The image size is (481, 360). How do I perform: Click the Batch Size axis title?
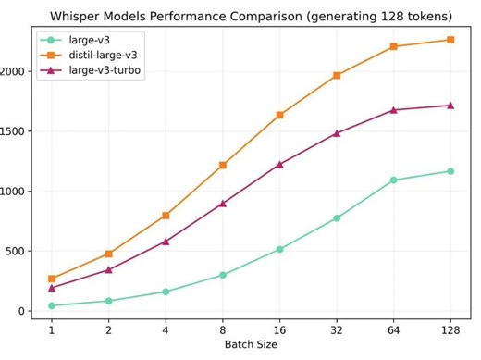pyautogui.click(x=251, y=344)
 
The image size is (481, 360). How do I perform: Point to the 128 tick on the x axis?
pyautogui.click(x=450, y=329)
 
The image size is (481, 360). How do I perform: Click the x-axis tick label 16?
pyautogui.click(x=279, y=329)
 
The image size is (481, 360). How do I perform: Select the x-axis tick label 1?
pyautogui.click(x=52, y=329)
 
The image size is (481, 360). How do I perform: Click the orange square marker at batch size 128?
pyautogui.click(x=450, y=40)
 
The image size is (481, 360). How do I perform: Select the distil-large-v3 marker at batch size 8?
pyautogui.click(x=223, y=165)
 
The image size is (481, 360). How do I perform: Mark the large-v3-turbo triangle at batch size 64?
pyautogui.click(x=393, y=110)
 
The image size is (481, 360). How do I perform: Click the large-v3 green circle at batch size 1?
pyautogui.click(x=52, y=305)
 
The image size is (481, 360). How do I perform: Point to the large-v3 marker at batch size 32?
pyautogui.click(x=337, y=218)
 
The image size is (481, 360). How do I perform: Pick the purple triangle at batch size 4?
pyautogui.click(x=166, y=242)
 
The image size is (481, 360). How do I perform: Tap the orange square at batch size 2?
pyautogui.click(x=109, y=254)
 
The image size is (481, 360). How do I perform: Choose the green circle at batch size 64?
pyautogui.click(x=393, y=180)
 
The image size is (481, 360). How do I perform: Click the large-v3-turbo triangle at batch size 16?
pyautogui.click(x=279, y=165)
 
